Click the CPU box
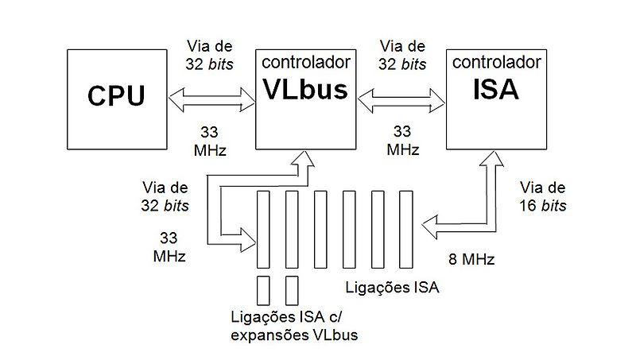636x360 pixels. [115, 97]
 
